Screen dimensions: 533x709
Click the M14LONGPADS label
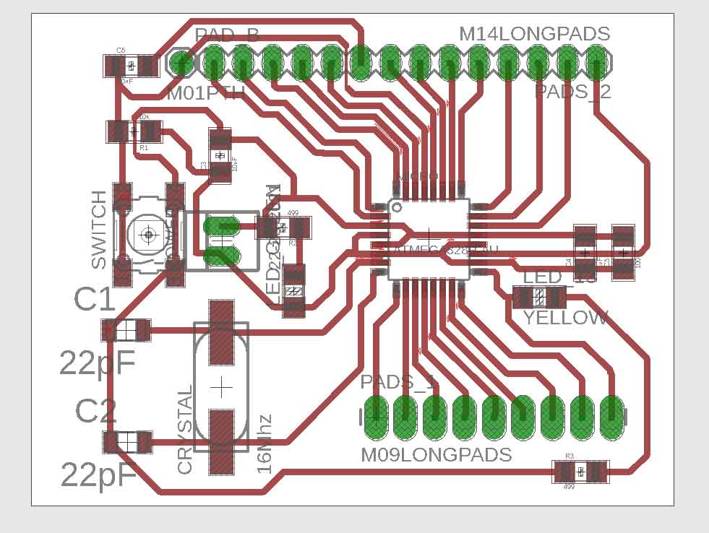click(535, 34)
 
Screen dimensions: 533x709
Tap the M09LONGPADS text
click(437, 455)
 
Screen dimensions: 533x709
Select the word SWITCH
click(99, 230)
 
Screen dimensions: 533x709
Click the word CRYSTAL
click(185, 430)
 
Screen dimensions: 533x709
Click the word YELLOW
click(566, 318)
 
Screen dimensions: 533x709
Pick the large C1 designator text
click(95, 300)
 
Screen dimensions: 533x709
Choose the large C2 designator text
click(96, 412)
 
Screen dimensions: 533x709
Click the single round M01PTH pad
click(181, 63)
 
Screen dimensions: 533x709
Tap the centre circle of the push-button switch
click(149, 234)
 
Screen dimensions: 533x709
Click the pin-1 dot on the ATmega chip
click(396, 207)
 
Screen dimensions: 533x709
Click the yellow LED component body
click(539, 297)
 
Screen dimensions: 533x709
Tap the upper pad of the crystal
click(222, 333)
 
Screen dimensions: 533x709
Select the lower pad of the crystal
click(222, 441)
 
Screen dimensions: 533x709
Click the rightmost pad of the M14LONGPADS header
click(596, 62)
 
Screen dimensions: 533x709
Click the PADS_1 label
click(398, 381)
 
